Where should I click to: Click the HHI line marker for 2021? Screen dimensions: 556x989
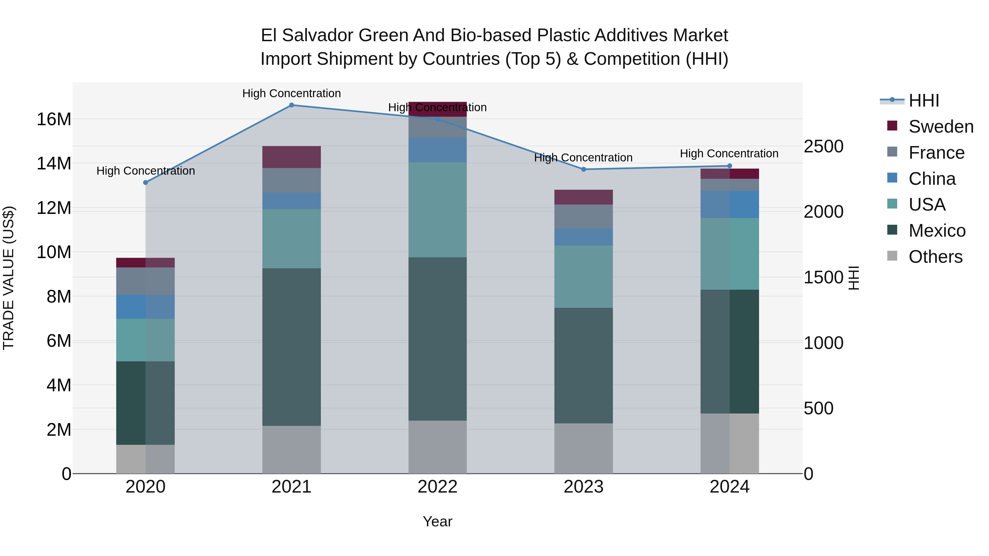[x=291, y=105]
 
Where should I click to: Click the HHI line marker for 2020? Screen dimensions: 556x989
[x=146, y=183]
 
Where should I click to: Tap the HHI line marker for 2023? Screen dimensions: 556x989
[x=584, y=169]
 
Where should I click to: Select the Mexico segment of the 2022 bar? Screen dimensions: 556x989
[x=437, y=339]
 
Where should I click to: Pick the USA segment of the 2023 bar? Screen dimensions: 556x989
[x=584, y=277]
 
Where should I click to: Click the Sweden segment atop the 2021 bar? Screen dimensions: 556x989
[x=291, y=157]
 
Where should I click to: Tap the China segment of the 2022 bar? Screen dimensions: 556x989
[x=437, y=150]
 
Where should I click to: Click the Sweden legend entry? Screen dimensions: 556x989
[x=941, y=127]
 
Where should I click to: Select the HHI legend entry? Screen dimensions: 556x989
[x=924, y=100]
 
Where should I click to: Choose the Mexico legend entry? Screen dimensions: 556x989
[x=937, y=231]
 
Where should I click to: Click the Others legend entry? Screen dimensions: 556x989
[x=935, y=257]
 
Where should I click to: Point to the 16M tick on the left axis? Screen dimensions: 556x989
[x=54, y=119]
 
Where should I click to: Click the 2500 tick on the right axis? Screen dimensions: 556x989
[x=824, y=147]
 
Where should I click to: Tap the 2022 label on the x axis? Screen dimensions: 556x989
[x=437, y=487]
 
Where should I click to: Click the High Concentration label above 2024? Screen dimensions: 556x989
[x=729, y=153]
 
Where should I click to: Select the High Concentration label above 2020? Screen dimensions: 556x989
[x=146, y=171]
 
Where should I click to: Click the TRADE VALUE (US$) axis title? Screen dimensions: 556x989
[x=9, y=278]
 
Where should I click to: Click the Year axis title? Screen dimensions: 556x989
[x=437, y=521]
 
